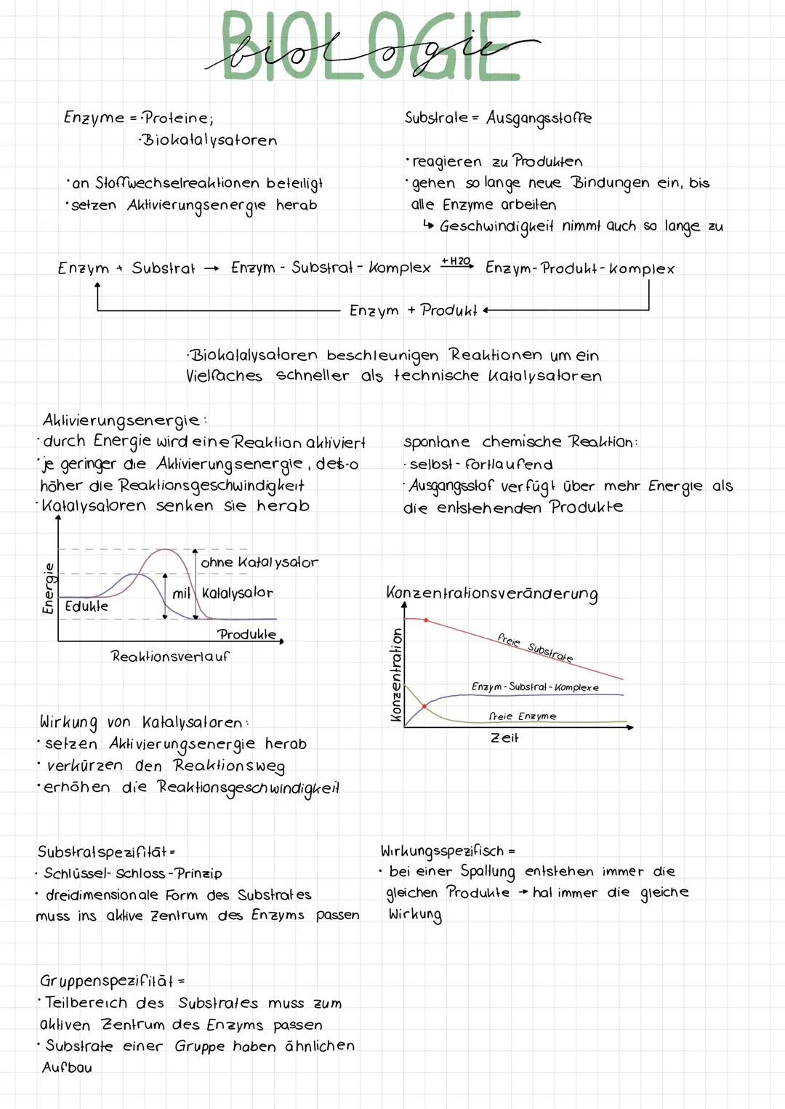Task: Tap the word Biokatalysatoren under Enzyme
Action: pos(209,140)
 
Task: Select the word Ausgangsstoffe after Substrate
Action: pos(539,118)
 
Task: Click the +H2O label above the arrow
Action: pos(456,260)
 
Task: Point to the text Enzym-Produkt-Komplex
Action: pos(579,268)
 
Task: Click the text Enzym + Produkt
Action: pos(413,311)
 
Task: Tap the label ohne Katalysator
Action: pos(259,562)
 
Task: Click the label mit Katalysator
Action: pos(222,593)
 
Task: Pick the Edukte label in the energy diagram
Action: pos(86,606)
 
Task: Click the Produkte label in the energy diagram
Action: pos(246,634)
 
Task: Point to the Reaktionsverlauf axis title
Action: pos(169,656)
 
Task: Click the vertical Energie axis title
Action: pos(48,588)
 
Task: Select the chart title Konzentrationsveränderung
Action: pos(492,593)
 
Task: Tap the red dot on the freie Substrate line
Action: pos(426,620)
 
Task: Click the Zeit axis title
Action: pos(504,737)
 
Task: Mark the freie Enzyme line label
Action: pos(522,716)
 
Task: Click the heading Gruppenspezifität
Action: pos(107,981)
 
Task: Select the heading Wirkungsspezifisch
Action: pos(442,851)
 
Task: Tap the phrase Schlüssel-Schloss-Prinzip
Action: pos(132,873)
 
